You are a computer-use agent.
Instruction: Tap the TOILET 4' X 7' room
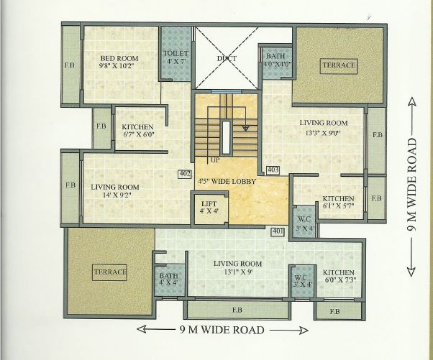[x=176, y=57]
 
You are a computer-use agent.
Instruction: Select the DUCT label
[x=227, y=58]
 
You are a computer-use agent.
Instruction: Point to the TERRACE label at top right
[x=339, y=65]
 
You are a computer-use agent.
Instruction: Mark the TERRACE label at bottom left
[x=110, y=272]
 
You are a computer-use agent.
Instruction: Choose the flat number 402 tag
[x=184, y=173]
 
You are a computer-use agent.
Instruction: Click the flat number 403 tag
[x=273, y=170]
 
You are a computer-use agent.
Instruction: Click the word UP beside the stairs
[x=214, y=160]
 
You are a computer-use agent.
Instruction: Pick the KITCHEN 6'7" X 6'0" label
[x=139, y=131]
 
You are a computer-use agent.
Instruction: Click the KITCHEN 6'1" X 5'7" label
[x=337, y=202]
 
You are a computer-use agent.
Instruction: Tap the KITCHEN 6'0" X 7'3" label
[x=338, y=277]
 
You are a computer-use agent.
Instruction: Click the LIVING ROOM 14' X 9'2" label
[x=115, y=190]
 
